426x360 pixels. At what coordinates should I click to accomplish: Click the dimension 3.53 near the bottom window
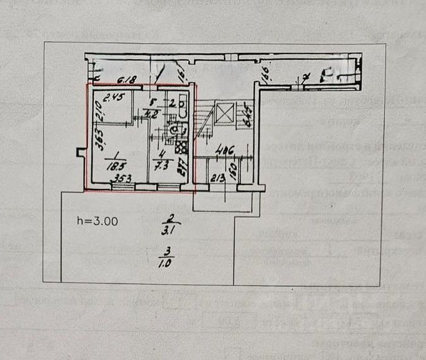(x=123, y=178)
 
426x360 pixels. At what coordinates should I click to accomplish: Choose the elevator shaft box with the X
(x=226, y=114)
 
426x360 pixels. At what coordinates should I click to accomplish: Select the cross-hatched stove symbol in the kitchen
(x=181, y=146)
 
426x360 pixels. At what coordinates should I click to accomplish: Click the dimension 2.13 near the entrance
(x=217, y=177)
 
